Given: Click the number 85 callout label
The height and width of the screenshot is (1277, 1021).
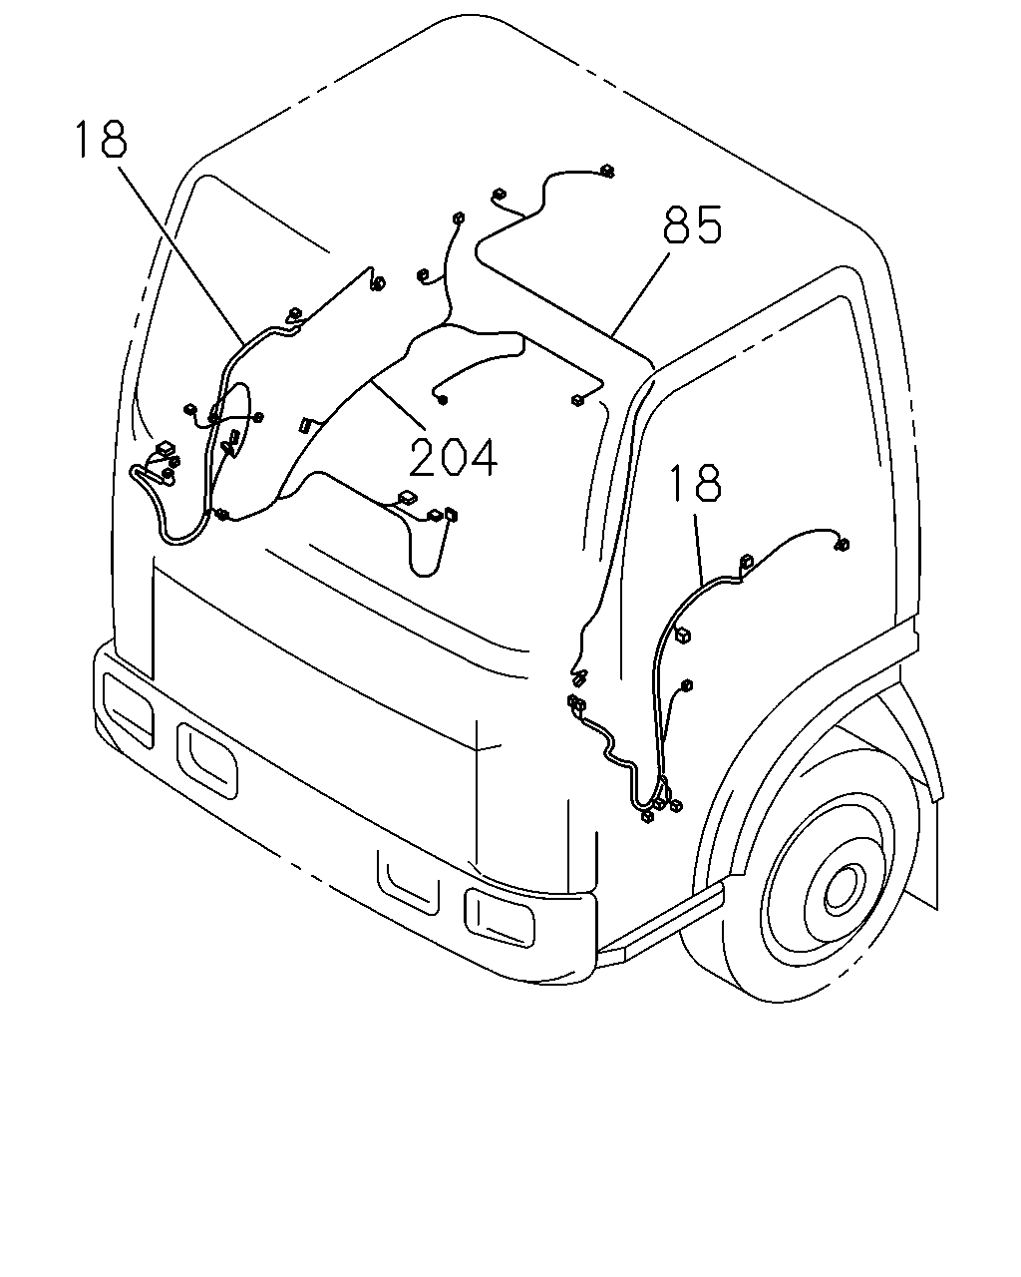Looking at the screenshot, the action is pos(692,224).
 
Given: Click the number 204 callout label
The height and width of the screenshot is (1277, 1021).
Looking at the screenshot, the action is pos(454,457).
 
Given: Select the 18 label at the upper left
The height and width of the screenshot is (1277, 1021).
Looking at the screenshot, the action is pos(101,139).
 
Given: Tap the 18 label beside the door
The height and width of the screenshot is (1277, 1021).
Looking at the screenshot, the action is pos(695,483).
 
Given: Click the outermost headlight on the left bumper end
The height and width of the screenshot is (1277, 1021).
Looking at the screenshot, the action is pos(127,708).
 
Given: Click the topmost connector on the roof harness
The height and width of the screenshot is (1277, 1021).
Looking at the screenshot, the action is pos(607,172).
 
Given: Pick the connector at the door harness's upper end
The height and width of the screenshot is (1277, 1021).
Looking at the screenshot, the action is pos(842,544).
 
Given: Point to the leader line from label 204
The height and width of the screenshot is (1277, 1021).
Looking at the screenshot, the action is pos(398,403).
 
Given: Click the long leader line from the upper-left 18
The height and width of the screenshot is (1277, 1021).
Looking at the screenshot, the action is pos(180,255).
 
